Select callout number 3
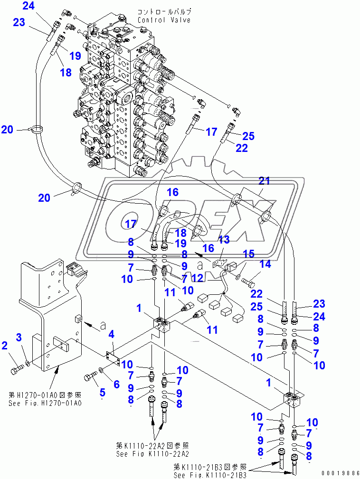tap(19, 337)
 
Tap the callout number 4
tap(111, 334)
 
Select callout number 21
tap(264, 180)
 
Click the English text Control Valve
tap(164, 20)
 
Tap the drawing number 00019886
tap(340, 473)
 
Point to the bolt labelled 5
tap(90, 377)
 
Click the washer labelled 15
tap(238, 276)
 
